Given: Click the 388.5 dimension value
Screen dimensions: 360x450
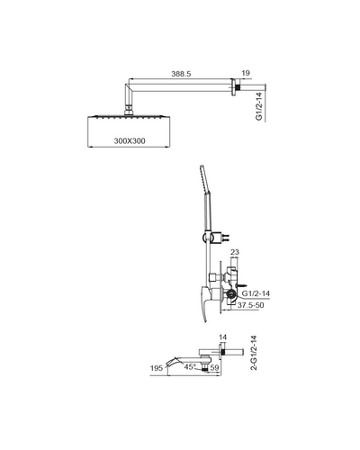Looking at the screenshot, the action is coord(181,74).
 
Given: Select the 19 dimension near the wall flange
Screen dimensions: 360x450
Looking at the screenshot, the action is coord(246,73).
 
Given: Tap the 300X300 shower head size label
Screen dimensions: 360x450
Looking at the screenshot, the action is coord(130,140).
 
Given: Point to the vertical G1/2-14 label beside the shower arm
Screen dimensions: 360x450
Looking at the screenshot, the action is coord(259,106).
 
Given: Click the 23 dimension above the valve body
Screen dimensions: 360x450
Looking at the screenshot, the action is coord(235,252).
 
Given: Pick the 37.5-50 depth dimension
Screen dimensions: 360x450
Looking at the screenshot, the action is coord(250,305).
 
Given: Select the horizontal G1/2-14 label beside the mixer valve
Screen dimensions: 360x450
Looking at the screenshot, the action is coord(256,293).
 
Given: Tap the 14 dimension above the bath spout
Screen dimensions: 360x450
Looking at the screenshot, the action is coord(222,337).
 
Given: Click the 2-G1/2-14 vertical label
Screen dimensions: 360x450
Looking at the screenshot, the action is coord(254,353).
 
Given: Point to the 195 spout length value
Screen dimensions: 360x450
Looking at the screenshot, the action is coord(157,368).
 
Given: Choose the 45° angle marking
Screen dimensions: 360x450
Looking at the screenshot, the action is coord(190,367).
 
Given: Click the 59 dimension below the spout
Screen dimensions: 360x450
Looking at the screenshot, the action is coord(215,367).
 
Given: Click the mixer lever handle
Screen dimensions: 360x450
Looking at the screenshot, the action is coord(206,303).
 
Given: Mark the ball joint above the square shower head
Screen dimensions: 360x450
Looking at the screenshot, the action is coord(129,110).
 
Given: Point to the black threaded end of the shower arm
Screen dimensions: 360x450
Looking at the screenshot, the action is coord(238,88).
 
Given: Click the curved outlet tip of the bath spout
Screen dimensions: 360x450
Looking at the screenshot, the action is coord(169,364).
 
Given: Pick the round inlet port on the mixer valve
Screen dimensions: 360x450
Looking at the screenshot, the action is coord(231,294).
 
